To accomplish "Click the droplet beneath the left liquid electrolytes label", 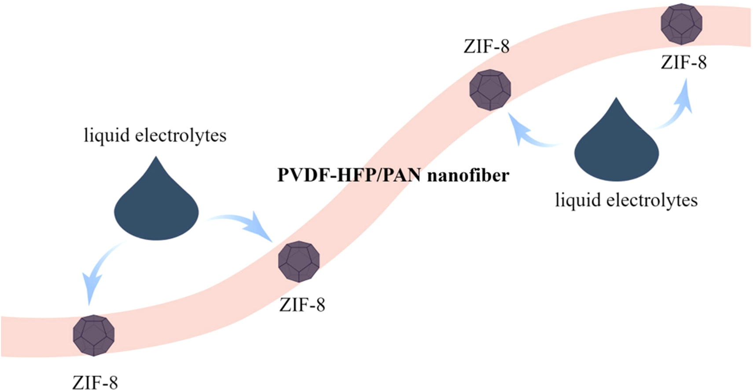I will click(156, 211).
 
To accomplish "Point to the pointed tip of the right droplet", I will click(616, 99).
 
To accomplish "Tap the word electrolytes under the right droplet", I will click(652, 200).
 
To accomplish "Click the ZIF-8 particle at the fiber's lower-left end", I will click(94, 335).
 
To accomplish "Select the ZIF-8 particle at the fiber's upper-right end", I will click(682, 24).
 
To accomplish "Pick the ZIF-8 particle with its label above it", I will click(490, 89).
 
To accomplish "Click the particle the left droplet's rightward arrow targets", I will click(299, 261).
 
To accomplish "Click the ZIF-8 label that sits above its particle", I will click(486, 46).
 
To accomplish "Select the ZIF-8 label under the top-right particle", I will click(683, 63).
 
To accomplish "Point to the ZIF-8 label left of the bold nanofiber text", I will click(302, 305).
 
